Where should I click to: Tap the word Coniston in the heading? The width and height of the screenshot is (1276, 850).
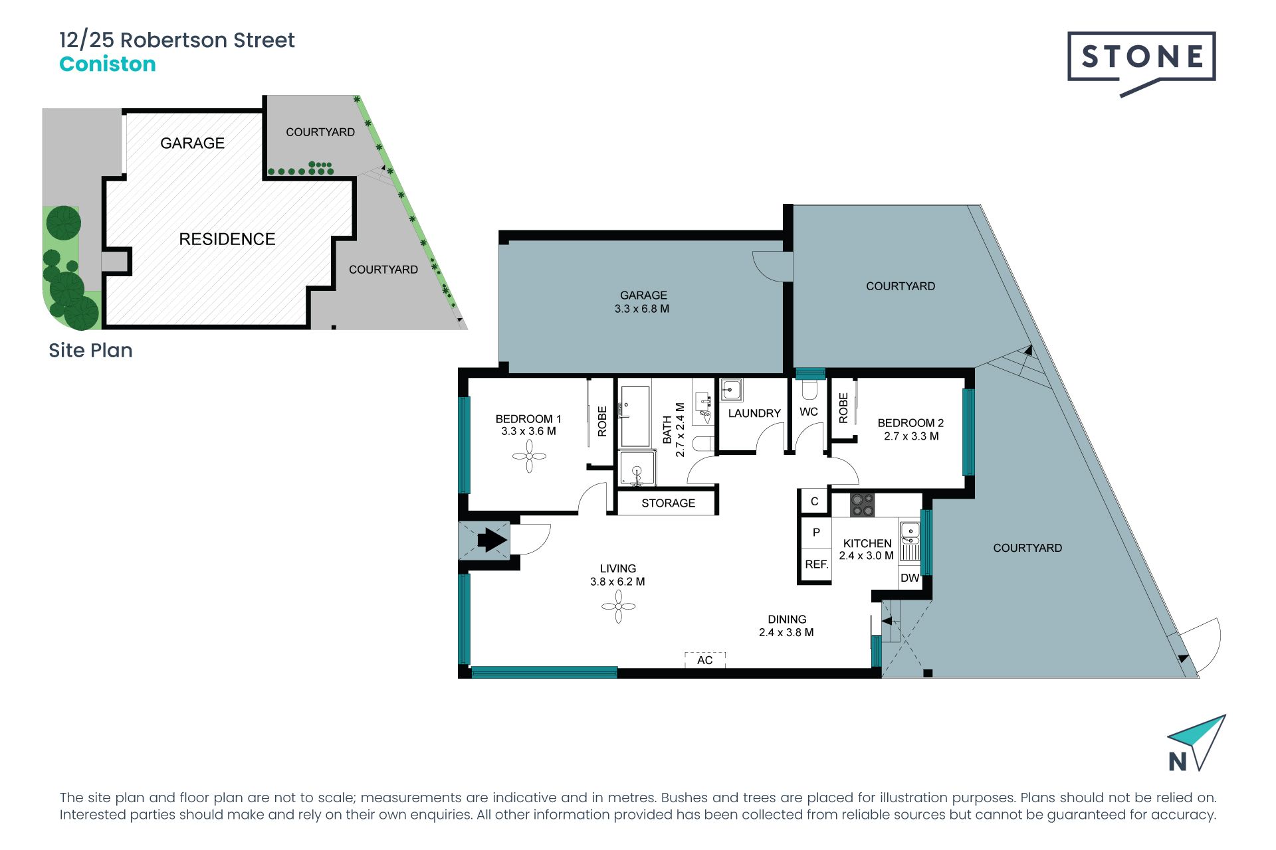[108, 64]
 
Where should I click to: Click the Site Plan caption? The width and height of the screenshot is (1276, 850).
[90, 351]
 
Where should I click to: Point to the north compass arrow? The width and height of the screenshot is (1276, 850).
[1197, 742]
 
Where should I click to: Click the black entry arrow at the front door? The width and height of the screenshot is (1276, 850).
[492, 540]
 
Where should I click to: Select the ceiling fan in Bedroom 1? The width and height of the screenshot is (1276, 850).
[529, 456]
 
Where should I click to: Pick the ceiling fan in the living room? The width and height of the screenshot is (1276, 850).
[618, 606]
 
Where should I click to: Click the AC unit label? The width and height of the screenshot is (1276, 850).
[704, 660]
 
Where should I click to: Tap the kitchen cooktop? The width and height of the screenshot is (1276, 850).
[862, 505]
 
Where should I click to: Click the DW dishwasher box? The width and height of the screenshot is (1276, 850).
[910, 578]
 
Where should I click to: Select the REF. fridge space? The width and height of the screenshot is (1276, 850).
[816, 564]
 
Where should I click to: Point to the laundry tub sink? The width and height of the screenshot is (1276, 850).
[731, 390]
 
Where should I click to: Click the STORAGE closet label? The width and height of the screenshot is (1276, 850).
[668, 503]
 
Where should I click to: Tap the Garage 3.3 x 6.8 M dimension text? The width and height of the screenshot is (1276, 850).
[642, 309]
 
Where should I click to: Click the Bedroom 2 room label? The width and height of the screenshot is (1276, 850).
[910, 423]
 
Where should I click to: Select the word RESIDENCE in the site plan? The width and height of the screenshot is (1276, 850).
[227, 239]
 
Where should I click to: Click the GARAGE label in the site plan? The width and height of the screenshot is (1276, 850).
[193, 143]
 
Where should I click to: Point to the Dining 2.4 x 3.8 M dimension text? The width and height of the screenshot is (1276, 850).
[786, 633]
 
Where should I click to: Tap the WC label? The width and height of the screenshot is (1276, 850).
[809, 412]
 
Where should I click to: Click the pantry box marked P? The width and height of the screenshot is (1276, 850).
[816, 532]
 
